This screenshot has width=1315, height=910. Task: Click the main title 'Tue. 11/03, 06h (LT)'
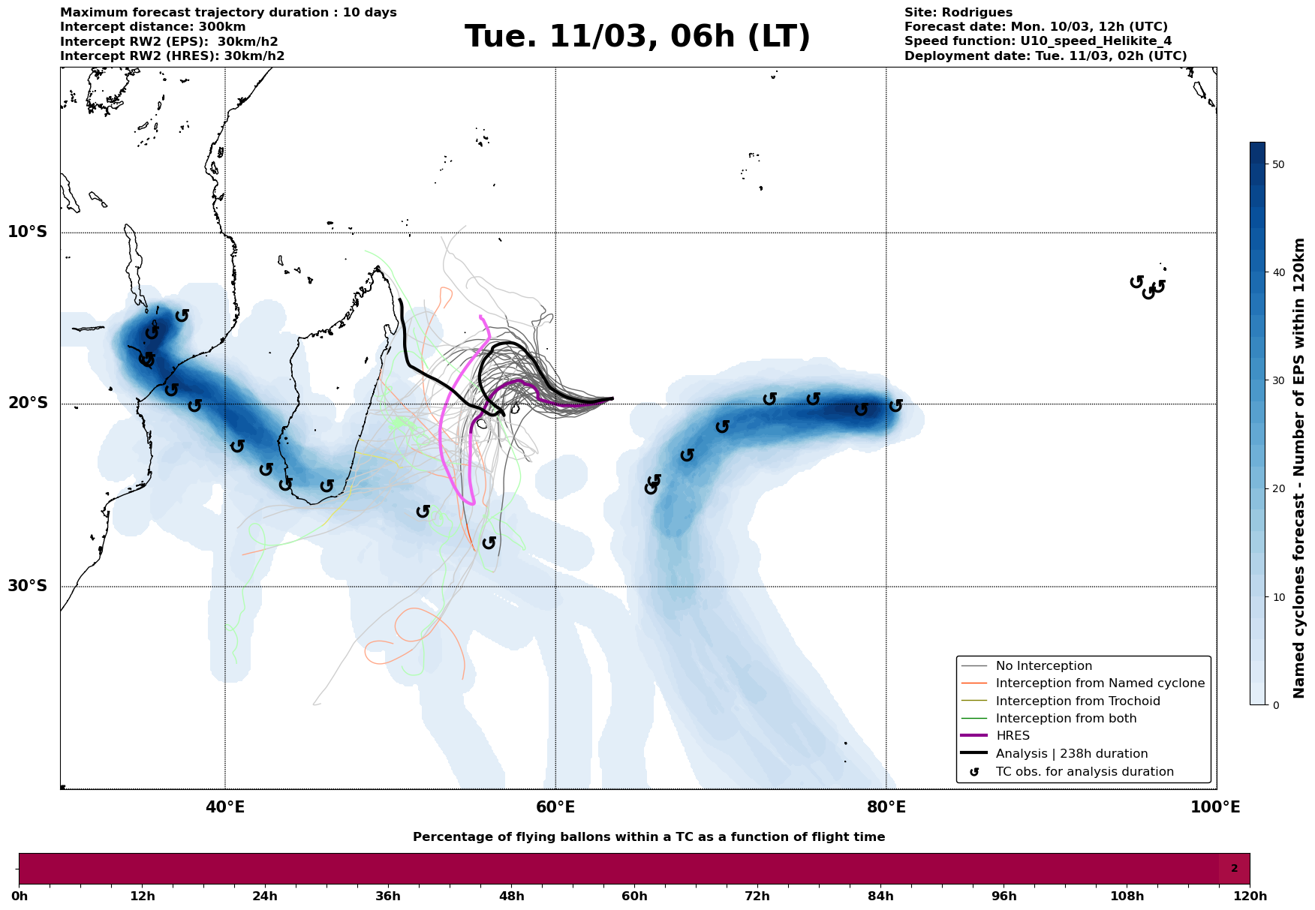click(637, 37)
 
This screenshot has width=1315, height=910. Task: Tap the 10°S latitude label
click(28, 232)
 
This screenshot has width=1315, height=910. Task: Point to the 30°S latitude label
click(28, 586)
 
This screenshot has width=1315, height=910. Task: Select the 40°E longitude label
click(225, 808)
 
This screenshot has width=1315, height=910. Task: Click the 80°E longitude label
click(886, 808)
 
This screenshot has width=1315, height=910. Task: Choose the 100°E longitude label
click(1215, 808)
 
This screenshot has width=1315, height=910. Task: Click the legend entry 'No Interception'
click(1043, 666)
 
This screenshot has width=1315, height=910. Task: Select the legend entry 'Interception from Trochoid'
click(1077, 701)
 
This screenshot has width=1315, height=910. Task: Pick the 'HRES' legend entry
click(1013, 736)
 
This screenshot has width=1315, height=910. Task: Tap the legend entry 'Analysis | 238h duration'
click(1071, 754)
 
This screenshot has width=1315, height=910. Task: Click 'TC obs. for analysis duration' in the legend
click(1084, 772)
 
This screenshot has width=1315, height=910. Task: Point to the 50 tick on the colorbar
click(1278, 164)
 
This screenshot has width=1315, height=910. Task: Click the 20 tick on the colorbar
click(1278, 489)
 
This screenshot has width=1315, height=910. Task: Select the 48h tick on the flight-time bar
click(511, 896)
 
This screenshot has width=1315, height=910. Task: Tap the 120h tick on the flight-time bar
click(1250, 896)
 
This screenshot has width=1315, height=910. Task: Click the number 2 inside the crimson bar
click(1234, 869)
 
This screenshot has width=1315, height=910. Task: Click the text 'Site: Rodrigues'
click(958, 13)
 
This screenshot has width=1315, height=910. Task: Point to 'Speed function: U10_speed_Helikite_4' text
click(1037, 41)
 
